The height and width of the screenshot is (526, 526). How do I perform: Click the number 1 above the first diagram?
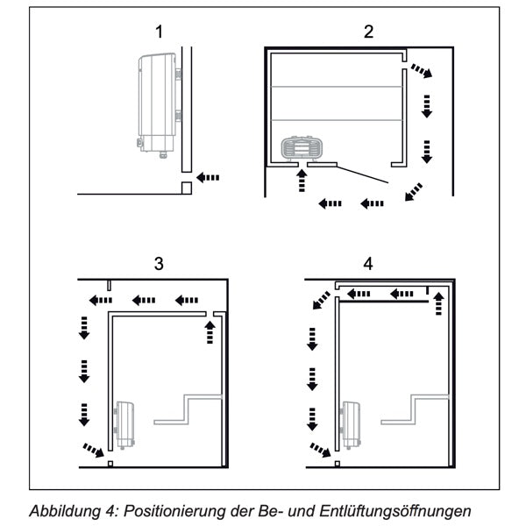click(160, 32)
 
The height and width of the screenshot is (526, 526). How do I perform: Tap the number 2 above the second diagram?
click(369, 32)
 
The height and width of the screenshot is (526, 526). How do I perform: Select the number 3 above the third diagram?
click(159, 264)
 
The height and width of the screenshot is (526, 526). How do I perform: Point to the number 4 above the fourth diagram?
click(368, 264)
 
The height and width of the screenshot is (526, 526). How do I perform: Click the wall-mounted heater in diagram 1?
click(157, 103)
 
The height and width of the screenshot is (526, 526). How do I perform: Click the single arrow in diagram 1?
click(208, 177)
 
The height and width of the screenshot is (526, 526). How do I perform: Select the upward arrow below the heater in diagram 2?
click(302, 181)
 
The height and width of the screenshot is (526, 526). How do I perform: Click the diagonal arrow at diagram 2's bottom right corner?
click(409, 192)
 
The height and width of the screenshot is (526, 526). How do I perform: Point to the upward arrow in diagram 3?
click(209, 332)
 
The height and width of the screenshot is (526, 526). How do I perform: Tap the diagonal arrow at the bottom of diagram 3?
click(91, 451)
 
